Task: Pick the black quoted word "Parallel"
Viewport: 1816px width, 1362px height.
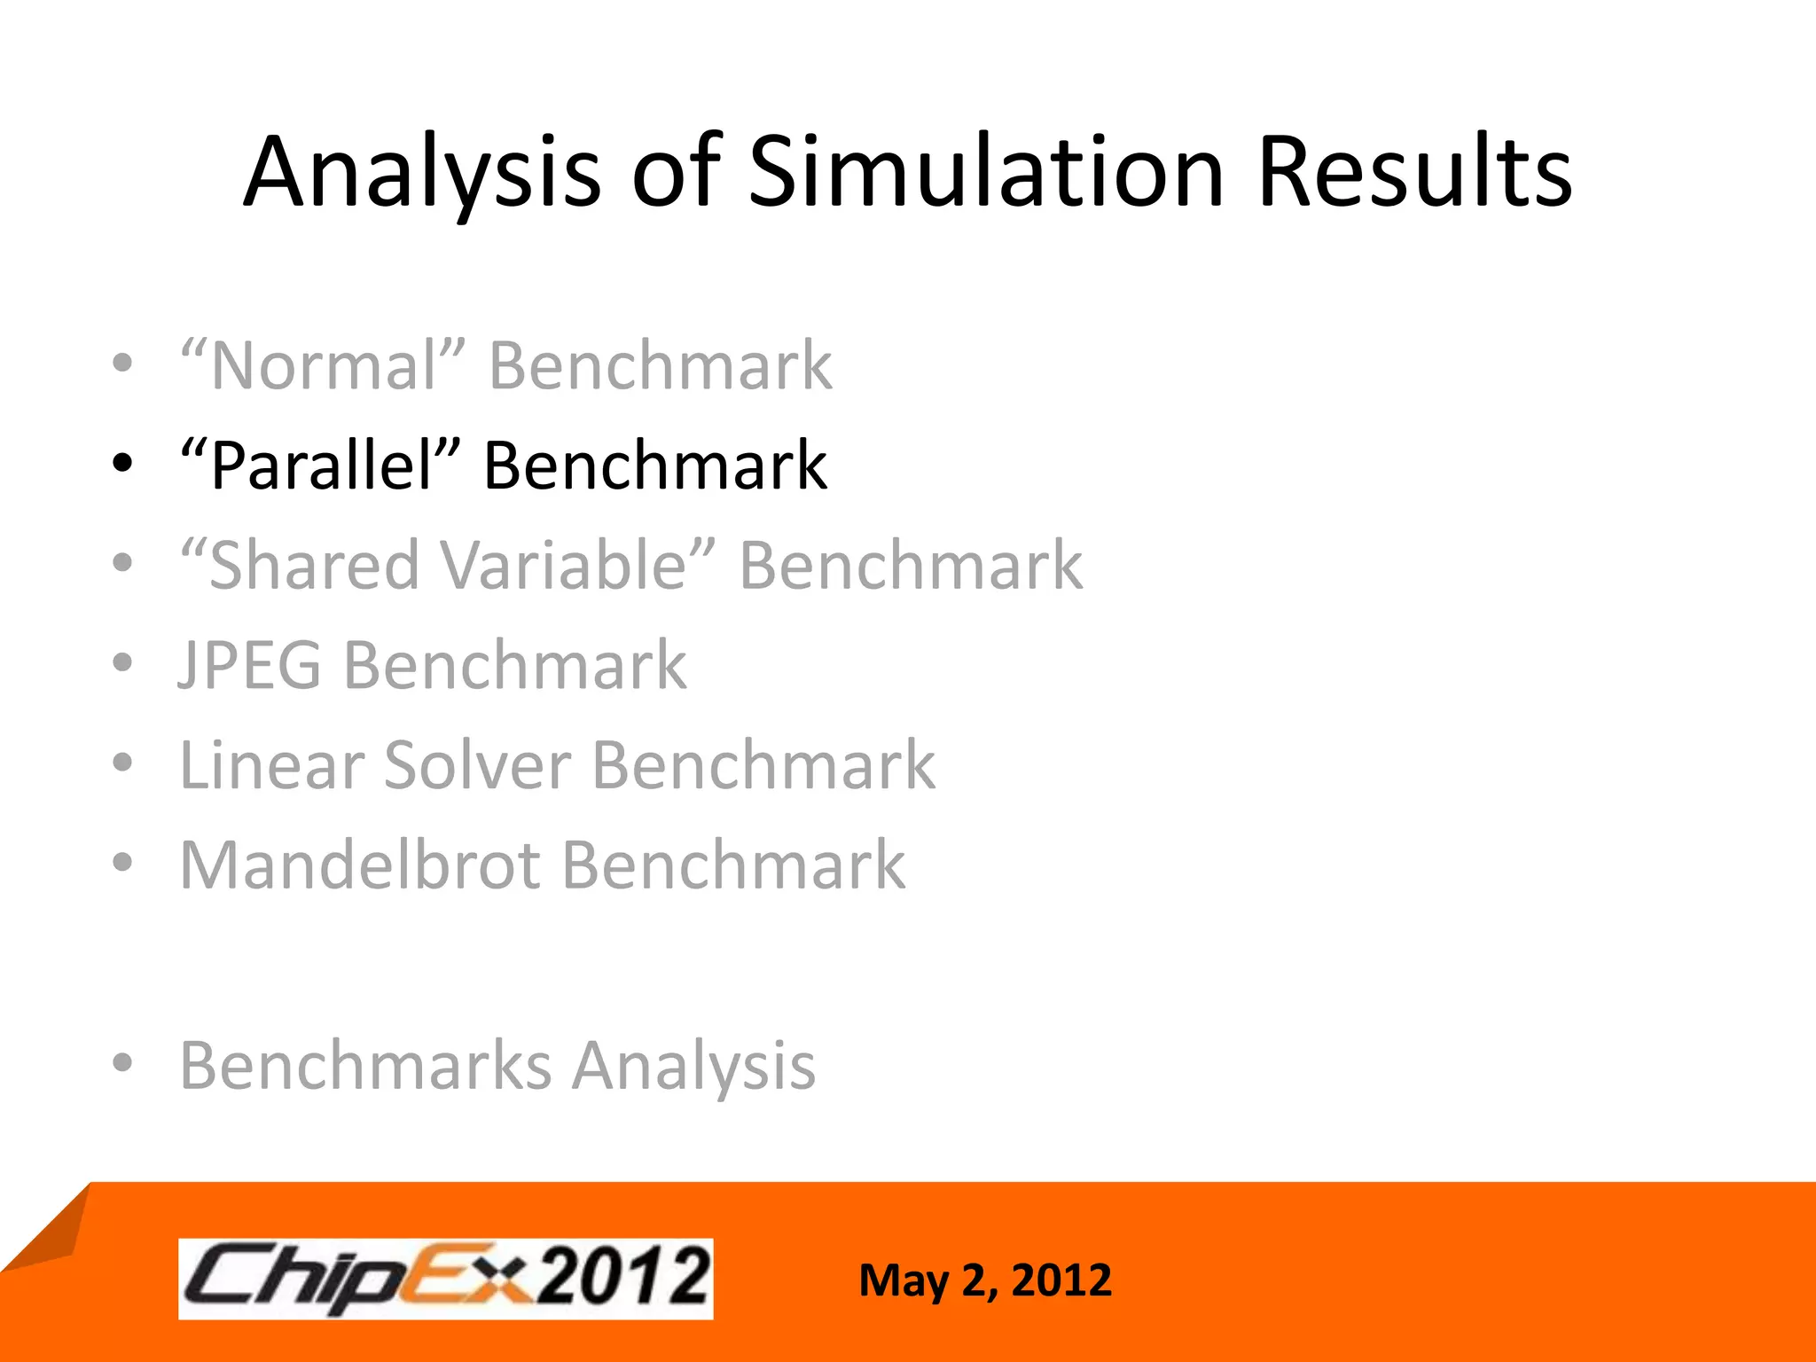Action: (320, 466)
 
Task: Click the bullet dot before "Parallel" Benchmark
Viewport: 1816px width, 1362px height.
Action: (122, 463)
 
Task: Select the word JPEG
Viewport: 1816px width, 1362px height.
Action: (250, 665)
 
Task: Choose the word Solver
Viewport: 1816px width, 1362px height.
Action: (477, 764)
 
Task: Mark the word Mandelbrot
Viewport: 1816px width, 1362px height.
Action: (359, 865)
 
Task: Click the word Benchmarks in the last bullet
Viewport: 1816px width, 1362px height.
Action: (365, 1064)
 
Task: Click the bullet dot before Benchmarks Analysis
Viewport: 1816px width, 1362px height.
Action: (122, 1062)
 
